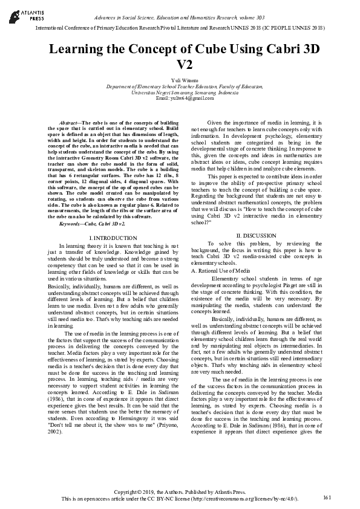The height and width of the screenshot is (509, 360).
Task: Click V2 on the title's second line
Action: [x=180, y=65]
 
